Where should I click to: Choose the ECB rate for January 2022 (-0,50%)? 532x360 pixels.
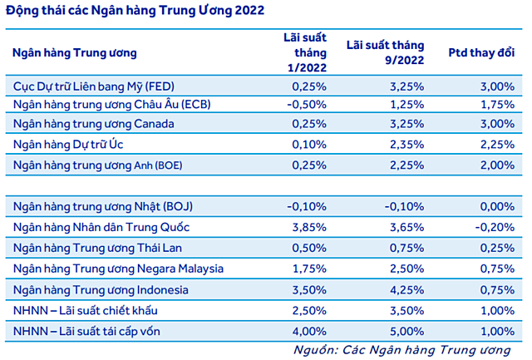click(304, 105)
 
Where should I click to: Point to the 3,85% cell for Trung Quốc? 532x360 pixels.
click(308, 225)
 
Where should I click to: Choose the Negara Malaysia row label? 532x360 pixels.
click(119, 268)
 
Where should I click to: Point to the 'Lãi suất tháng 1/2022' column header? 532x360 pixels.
click(306, 52)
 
